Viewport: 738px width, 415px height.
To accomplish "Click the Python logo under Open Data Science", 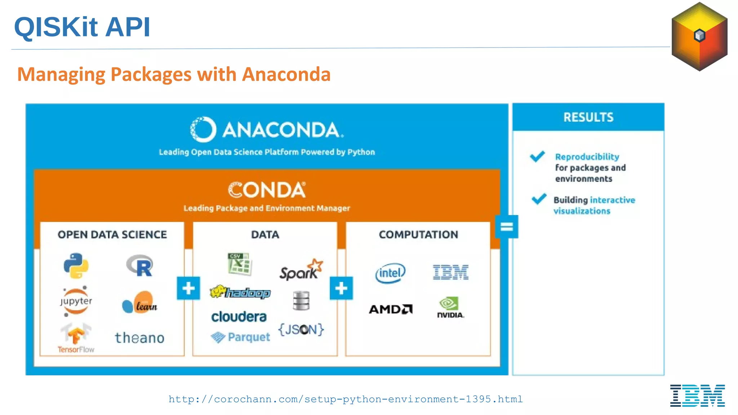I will pyautogui.click(x=76, y=265).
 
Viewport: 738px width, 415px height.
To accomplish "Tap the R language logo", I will pyautogui.click(x=140, y=266).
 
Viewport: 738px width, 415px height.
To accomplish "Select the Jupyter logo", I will pyautogui.click(x=76, y=301).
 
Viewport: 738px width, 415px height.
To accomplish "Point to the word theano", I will pyautogui.click(x=140, y=338).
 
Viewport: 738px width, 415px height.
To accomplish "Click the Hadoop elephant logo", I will pyautogui.click(x=240, y=292).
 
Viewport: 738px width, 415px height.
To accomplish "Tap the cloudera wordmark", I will pyautogui.click(x=239, y=317).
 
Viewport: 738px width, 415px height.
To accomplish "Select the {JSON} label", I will pyautogui.click(x=301, y=329).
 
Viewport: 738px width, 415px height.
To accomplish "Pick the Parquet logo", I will pyautogui.click(x=240, y=337).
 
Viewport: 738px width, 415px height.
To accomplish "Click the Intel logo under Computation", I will pyautogui.click(x=390, y=273).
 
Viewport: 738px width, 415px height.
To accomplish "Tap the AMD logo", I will pyautogui.click(x=391, y=309).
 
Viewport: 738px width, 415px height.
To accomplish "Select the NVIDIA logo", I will pyautogui.click(x=450, y=307).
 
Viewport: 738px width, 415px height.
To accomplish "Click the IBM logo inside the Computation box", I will pyautogui.click(x=450, y=272).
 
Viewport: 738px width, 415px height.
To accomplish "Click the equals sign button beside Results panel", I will pyautogui.click(x=506, y=227).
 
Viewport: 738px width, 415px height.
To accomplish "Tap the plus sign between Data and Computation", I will pyautogui.click(x=341, y=288).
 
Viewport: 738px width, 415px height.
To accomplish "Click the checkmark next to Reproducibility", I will pyautogui.click(x=537, y=156).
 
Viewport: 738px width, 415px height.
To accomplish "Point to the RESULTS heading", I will pyautogui.click(x=588, y=117).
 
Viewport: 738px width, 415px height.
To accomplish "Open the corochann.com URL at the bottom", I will pyautogui.click(x=346, y=399).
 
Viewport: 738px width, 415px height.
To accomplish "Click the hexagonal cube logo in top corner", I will pyautogui.click(x=699, y=36).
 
